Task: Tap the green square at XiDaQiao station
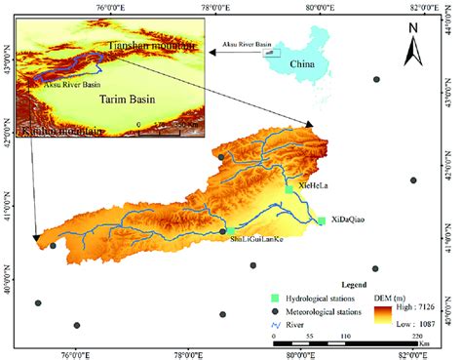pyautogui.click(x=321, y=221)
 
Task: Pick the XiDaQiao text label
pyautogui.click(x=347, y=220)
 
